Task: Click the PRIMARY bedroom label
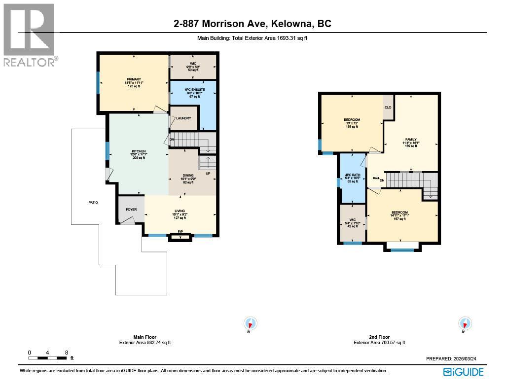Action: point(134,79)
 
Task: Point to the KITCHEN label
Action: point(139,151)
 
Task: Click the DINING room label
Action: point(188,175)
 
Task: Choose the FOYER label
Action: point(131,210)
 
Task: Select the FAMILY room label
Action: point(411,140)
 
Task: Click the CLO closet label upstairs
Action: point(388,107)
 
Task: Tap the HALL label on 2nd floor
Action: point(376,178)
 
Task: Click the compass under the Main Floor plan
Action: point(251,324)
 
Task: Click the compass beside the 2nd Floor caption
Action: point(465,324)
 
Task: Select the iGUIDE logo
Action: point(463,372)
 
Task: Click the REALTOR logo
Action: point(30,35)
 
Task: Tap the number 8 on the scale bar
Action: point(66,353)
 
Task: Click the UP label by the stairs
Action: point(208,174)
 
